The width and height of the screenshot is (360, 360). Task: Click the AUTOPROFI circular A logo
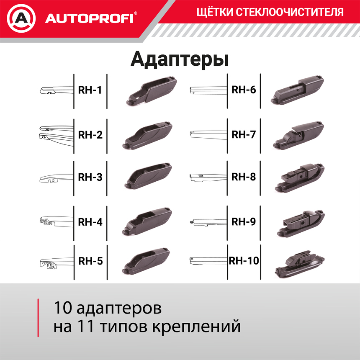[x=20, y=18]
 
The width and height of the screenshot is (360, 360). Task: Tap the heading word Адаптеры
[x=180, y=59]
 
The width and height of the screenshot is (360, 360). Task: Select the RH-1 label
[x=90, y=90]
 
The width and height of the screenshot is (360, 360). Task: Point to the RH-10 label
[x=244, y=261]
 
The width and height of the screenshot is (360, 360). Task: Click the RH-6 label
[x=244, y=90]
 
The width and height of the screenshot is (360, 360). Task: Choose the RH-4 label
[x=90, y=222]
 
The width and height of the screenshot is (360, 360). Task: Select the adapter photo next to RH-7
[x=299, y=135]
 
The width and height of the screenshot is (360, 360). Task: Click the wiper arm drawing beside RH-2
[x=55, y=133]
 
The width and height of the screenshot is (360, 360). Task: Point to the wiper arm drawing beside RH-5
[x=55, y=263]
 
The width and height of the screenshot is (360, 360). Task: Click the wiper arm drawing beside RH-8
[x=208, y=177]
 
